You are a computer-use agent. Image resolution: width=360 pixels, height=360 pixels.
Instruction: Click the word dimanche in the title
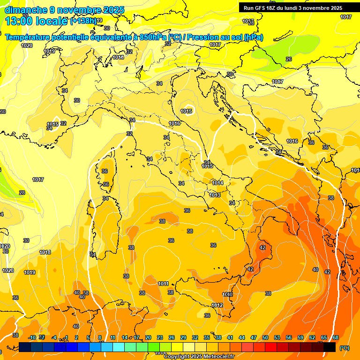(x=25, y=10)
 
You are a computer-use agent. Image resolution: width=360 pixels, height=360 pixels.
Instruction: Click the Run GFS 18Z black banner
(x=293, y=8)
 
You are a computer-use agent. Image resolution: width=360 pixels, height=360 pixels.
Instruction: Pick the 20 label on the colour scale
(x=148, y=337)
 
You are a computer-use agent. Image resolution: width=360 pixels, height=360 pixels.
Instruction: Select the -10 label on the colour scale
(x=32, y=337)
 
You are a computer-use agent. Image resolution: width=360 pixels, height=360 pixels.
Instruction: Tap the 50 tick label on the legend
(x=265, y=337)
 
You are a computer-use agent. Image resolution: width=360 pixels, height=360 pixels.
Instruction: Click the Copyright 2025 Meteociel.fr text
(x=199, y=357)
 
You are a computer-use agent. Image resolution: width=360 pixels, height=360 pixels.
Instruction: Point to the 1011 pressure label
(x=163, y=284)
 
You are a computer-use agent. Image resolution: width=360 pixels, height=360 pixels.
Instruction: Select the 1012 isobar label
(x=217, y=305)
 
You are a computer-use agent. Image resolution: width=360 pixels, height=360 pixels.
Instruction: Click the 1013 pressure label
(x=215, y=195)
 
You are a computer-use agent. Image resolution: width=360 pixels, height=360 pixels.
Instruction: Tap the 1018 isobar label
(x=45, y=252)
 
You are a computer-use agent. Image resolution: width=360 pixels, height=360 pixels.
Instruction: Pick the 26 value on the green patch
(x=289, y=59)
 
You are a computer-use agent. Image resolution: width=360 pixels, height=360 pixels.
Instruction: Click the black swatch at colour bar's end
(x=329, y=347)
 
